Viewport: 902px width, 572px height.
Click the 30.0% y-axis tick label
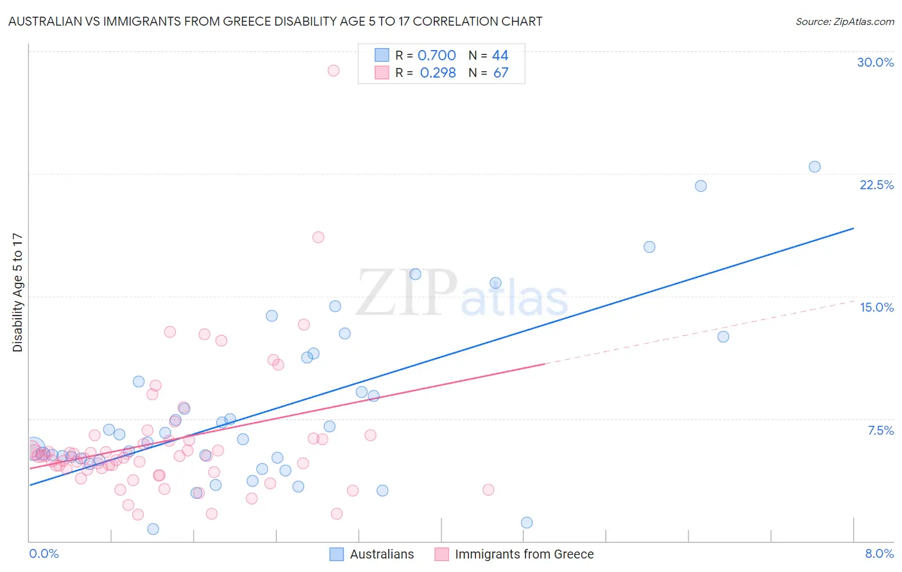tap(875, 62)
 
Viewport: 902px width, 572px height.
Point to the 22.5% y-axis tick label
tap(876, 185)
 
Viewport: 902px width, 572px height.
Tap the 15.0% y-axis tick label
tap(876, 307)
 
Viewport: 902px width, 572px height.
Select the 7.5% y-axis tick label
tap(880, 430)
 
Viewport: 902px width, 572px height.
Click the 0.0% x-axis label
tap(44, 553)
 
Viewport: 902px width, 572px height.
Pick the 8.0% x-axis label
tap(879, 553)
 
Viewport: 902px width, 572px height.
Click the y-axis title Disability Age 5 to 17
tap(17, 292)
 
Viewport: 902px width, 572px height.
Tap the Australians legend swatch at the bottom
tap(337, 554)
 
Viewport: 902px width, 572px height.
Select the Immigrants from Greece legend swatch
tap(441, 554)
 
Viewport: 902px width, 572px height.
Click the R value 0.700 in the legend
tap(436, 56)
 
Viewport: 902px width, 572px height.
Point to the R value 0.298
tap(438, 73)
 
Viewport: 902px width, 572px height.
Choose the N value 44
tap(500, 56)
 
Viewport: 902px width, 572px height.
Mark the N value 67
tap(500, 73)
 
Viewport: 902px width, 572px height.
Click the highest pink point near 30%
tap(333, 71)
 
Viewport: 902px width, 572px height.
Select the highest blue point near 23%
tap(814, 167)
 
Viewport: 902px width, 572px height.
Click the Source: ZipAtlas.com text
tap(844, 22)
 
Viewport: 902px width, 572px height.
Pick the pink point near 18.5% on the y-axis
tap(318, 237)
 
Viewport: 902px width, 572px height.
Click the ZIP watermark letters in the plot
tap(406, 293)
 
